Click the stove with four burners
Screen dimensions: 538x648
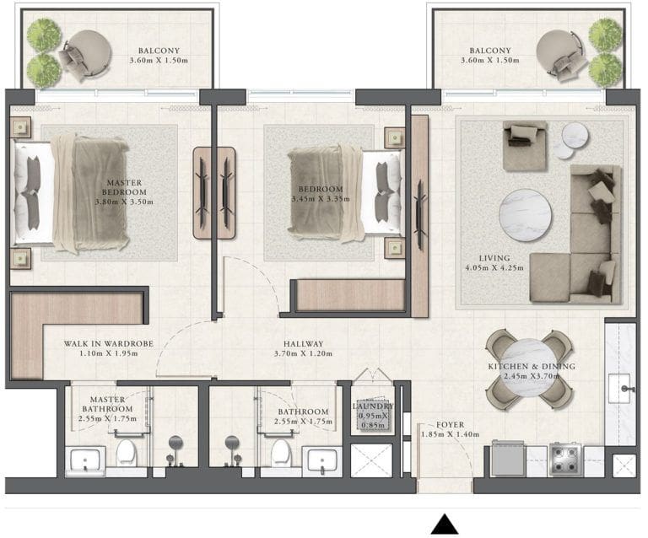coord(563,460)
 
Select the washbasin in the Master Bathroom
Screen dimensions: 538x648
coord(85,461)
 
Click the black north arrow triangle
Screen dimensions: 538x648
coord(444,525)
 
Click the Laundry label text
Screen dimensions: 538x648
coord(373,406)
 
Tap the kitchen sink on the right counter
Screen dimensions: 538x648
coord(625,389)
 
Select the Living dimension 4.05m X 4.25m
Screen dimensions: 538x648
coord(496,268)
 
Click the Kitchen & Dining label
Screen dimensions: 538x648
coord(532,367)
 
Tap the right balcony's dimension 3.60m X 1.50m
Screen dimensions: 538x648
coord(485,61)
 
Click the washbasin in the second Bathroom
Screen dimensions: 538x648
coord(319,461)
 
